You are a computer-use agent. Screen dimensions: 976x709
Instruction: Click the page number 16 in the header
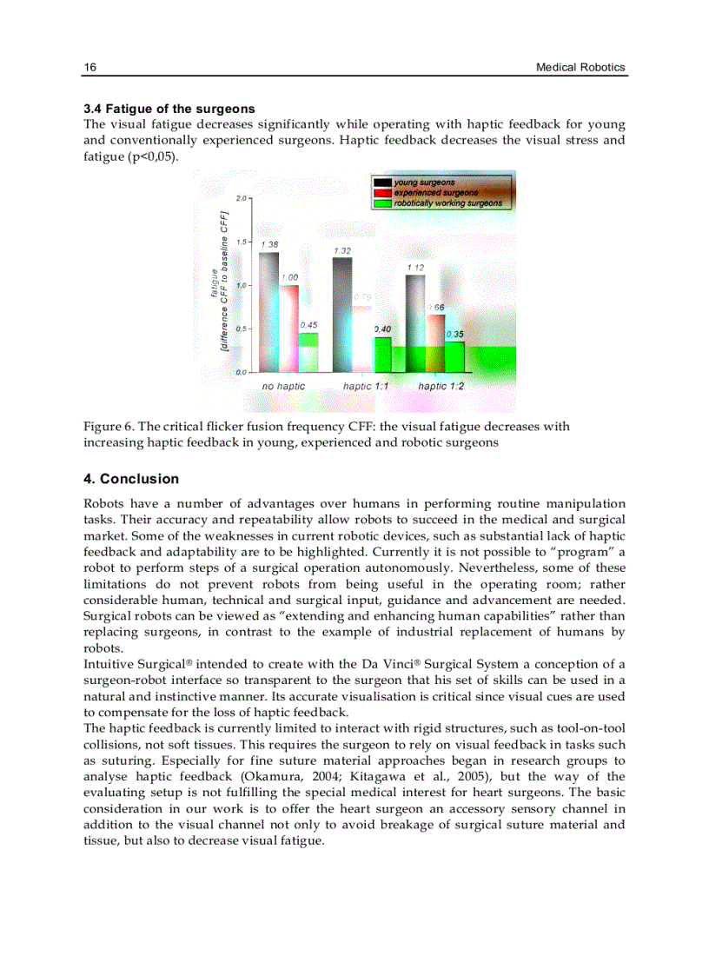pyautogui.click(x=89, y=68)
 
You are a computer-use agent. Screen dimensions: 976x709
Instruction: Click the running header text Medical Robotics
pyautogui.click(x=580, y=68)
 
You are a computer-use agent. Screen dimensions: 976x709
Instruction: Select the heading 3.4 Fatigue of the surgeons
pyautogui.click(x=169, y=109)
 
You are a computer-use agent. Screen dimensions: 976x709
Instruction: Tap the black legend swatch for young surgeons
pyautogui.click(x=382, y=183)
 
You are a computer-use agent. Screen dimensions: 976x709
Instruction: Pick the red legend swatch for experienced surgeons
pyautogui.click(x=382, y=193)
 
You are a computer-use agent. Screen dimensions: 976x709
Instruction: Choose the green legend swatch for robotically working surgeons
pyautogui.click(x=382, y=203)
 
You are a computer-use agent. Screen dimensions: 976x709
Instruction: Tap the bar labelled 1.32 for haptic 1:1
pyautogui.click(x=342, y=314)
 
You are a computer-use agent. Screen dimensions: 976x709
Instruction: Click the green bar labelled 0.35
pyautogui.click(x=454, y=356)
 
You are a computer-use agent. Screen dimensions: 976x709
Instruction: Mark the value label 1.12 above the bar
pyautogui.click(x=415, y=268)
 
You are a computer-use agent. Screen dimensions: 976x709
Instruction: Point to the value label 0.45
pyautogui.click(x=308, y=325)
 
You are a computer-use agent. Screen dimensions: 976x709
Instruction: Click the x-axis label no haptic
pyautogui.click(x=284, y=386)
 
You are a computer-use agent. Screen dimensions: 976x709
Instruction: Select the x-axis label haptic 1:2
pyautogui.click(x=441, y=386)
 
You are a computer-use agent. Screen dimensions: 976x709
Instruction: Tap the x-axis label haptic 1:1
pyautogui.click(x=366, y=386)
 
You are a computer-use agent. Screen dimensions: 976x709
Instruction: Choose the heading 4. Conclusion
pyautogui.click(x=131, y=479)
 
